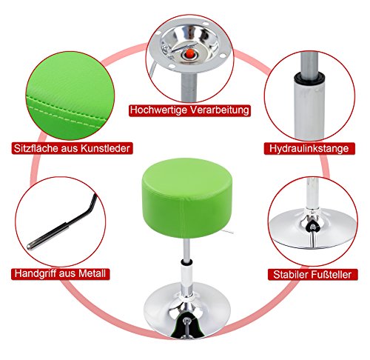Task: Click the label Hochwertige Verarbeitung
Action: click(189, 110)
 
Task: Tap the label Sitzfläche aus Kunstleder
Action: click(72, 148)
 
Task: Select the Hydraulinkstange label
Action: click(309, 149)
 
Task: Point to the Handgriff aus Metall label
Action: click(61, 273)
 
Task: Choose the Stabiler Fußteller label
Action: click(312, 274)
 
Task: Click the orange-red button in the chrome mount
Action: click(189, 53)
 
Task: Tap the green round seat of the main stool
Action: click(187, 198)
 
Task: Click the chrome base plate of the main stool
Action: click(187, 312)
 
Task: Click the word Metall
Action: click(92, 273)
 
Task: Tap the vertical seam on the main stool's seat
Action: click(182, 216)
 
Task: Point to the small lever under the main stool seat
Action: click(227, 231)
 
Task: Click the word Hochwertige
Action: click(159, 110)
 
